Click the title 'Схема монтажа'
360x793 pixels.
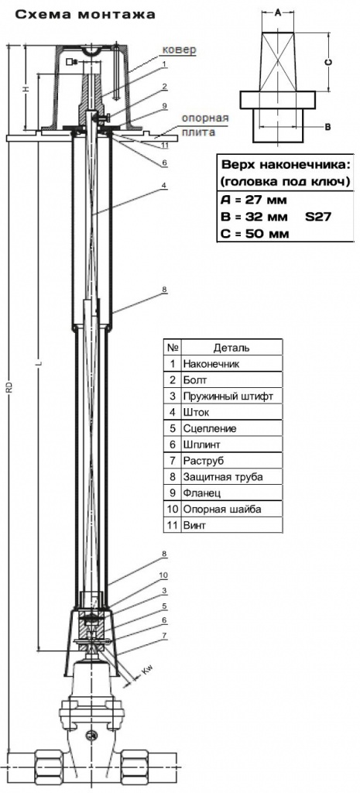pyautogui.click(x=85, y=15)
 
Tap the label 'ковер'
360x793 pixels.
pyautogui.click(x=178, y=50)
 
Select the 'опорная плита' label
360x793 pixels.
pyautogui.click(x=205, y=125)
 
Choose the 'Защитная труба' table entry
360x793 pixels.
pyautogui.click(x=224, y=476)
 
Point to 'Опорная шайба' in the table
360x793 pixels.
pyautogui.click(x=222, y=509)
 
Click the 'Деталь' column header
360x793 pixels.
pyautogui.click(x=231, y=348)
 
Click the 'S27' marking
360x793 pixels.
pyautogui.click(x=318, y=217)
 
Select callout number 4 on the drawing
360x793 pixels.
pyautogui.click(x=164, y=185)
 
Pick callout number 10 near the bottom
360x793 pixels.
pyautogui.click(x=164, y=575)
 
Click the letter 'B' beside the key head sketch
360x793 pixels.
pyautogui.click(x=327, y=127)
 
